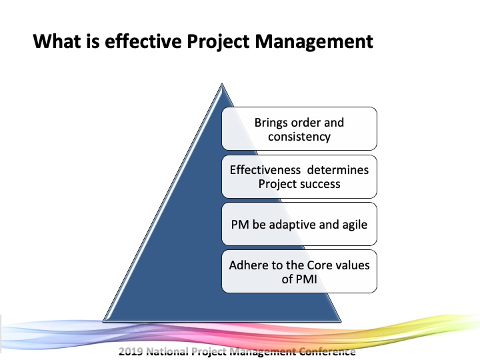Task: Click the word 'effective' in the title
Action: click(143, 41)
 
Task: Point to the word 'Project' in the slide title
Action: click(218, 41)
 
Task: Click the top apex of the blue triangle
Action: click(222, 83)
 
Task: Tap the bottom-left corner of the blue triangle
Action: click(103, 321)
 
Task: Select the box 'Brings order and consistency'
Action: click(299, 129)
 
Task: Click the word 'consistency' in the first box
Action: click(299, 137)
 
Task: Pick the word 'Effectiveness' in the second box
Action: click(265, 169)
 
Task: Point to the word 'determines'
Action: click(338, 169)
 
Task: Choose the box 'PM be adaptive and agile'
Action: click(299, 224)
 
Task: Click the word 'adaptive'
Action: click(293, 225)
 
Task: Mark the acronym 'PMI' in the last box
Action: click(307, 279)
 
